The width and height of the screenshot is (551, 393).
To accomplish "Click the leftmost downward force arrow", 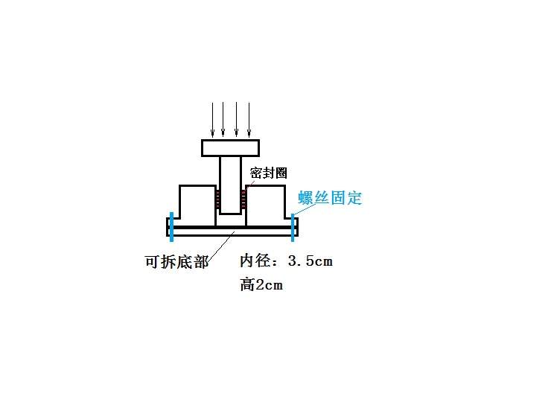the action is pyautogui.click(x=212, y=120).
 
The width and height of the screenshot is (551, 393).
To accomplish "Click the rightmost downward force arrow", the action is pyautogui.click(x=249, y=120).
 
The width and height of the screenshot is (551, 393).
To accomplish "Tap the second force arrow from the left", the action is pyautogui.click(x=223, y=120).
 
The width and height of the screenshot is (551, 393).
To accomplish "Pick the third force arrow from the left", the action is pyautogui.click(x=236, y=120).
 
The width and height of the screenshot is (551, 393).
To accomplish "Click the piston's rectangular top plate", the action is pyautogui.click(x=231, y=148).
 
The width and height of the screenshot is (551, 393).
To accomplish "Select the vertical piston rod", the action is pyautogui.click(x=231, y=185).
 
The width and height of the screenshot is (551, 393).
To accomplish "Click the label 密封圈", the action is pyautogui.click(x=269, y=173).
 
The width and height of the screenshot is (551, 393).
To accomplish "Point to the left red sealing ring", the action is pyautogui.click(x=217, y=199).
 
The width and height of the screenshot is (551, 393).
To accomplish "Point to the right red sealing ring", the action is pyautogui.click(x=243, y=199).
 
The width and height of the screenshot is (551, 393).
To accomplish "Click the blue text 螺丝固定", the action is pyautogui.click(x=330, y=198).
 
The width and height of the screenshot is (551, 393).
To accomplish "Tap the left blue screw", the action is pyautogui.click(x=171, y=227).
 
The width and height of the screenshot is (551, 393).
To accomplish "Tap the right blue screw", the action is pyautogui.click(x=293, y=228).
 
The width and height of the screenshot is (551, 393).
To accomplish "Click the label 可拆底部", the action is pyautogui.click(x=176, y=262).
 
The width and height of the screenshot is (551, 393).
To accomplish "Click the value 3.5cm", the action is pyautogui.click(x=310, y=261).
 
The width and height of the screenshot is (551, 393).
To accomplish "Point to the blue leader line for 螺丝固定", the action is pyautogui.click(x=305, y=209).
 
